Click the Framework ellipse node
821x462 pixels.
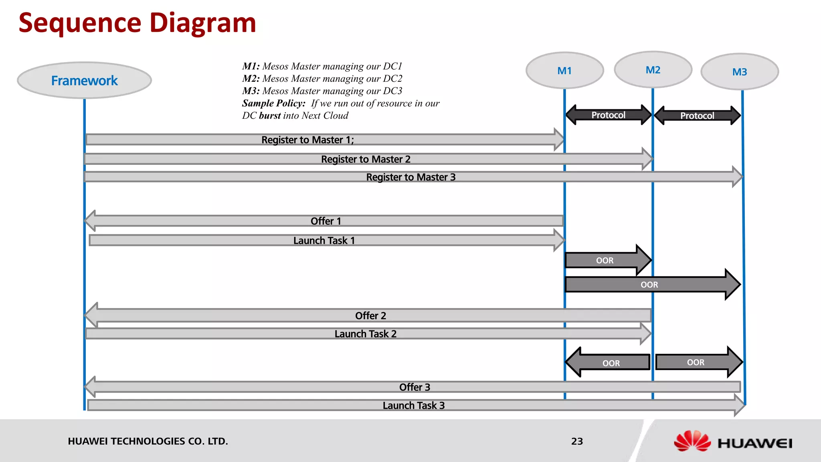[x=84, y=80]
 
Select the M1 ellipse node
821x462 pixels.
[x=564, y=71]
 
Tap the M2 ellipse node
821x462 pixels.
[x=653, y=70]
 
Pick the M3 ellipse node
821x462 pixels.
[x=740, y=72]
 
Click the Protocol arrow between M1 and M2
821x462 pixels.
[x=609, y=115]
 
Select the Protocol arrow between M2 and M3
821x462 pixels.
[x=697, y=115]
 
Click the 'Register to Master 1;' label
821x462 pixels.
[x=307, y=140]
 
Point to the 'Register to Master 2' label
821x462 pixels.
[x=366, y=159]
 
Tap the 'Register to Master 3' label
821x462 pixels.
[x=411, y=177]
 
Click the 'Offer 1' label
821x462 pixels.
[x=326, y=221]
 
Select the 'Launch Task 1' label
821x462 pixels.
[x=324, y=240]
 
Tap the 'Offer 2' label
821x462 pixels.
[x=370, y=316]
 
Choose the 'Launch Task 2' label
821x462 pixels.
[x=365, y=334]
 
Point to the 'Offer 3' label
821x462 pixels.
[x=415, y=387]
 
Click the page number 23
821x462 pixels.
[x=577, y=441]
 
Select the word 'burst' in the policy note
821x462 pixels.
[x=270, y=115]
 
